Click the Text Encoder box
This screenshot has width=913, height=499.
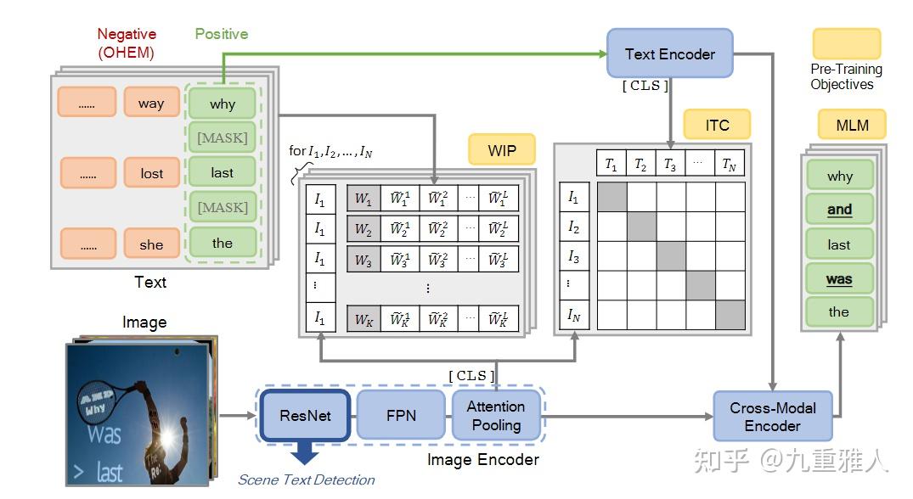pos(669,54)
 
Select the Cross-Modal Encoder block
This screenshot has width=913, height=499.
pos(772,417)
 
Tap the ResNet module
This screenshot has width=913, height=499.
pos(305,416)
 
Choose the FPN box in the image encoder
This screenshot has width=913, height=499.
pos(401,416)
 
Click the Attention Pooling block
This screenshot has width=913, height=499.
pos(496,416)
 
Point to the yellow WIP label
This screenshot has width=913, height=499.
pos(503,151)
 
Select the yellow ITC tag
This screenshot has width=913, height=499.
pos(717,125)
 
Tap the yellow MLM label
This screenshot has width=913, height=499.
pos(852,125)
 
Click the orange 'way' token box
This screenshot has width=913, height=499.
pos(151,104)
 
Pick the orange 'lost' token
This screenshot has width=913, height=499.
pos(151,173)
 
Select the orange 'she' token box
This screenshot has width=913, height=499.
pos(151,244)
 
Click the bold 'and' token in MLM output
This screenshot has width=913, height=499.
pos(839,210)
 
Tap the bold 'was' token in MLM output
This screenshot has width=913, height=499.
pos(839,279)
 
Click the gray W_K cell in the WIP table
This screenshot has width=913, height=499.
pos(363,319)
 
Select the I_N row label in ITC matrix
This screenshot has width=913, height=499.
pos(573,316)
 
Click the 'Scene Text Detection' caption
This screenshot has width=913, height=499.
pos(306,479)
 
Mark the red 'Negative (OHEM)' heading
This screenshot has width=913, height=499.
pos(127,42)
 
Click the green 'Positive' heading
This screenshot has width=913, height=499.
pos(222,34)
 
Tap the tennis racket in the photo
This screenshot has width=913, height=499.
pos(108,393)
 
